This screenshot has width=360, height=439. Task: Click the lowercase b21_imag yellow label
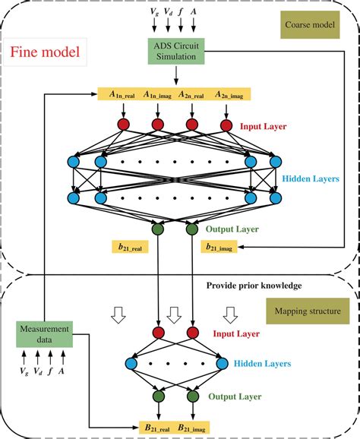tap(219, 246)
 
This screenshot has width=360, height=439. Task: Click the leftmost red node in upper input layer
tap(124, 124)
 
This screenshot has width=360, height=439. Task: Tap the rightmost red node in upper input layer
tap(226, 124)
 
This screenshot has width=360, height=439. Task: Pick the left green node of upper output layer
tap(158, 228)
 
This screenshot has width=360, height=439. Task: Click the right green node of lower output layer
tap(191, 396)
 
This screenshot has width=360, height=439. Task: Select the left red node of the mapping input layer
tap(158, 332)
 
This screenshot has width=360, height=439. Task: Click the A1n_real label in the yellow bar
tap(121, 94)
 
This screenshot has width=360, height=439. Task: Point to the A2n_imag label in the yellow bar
tap(229, 94)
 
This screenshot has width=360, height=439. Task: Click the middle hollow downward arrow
tap(174, 312)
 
